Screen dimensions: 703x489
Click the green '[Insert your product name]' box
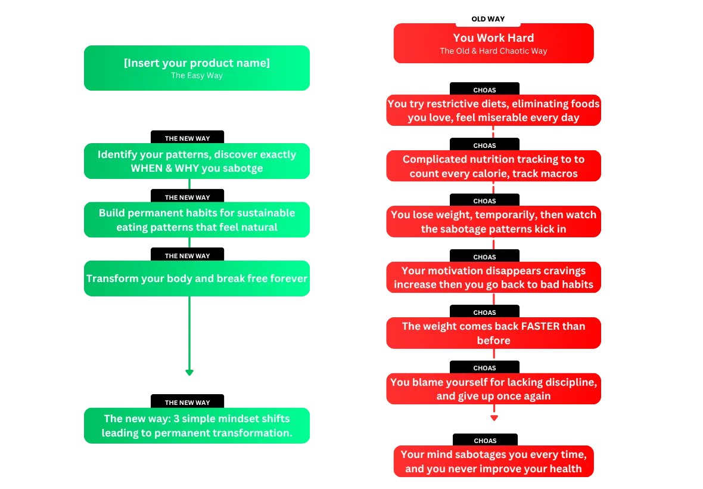click(x=197, y=68)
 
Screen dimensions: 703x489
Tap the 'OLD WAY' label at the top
click(x=488, y=19)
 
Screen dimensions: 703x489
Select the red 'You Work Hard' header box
click(x=494, y=44)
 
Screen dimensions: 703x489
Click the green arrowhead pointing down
click(x=189, y=372)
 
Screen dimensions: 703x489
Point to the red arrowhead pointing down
click(x=494, y=417)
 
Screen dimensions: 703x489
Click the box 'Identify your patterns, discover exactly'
click(x=197, y=161)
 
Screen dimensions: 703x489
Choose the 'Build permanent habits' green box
click(x=197, y=220)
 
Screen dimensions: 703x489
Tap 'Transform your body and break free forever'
click(x=197, y=278)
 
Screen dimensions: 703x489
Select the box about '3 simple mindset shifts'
click(x=197, y=426)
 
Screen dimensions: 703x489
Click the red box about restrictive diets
click(x=494, y=110)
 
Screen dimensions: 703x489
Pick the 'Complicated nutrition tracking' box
click(x=494, y=166)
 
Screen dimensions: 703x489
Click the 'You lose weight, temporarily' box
click(x=494, y=222)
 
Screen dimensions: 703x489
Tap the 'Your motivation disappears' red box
click(x=494, y=277)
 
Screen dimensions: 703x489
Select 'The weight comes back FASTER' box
click(x=494, y=333)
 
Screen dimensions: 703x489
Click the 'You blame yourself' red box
click(x=494, y=388)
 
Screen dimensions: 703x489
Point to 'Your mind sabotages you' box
click(x=494, y=461)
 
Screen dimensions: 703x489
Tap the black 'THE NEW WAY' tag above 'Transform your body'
click(x=188, y=255)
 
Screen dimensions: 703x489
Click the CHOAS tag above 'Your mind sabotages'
click(x=485, y=440)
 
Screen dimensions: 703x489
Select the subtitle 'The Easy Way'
click(x=197, y=75)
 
